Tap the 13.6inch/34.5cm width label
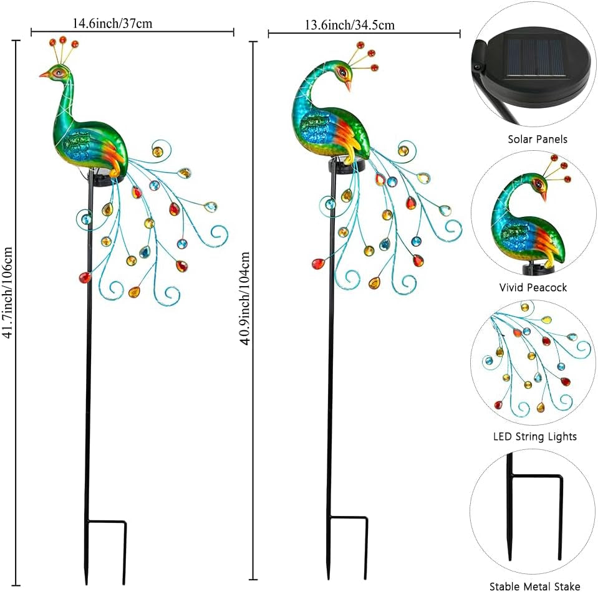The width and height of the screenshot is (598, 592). click(x=349, y=25)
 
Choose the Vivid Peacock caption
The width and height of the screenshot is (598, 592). click(x=533, y=287)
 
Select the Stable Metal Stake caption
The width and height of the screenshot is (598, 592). click(x=534, y=586)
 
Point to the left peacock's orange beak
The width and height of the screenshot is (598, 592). click(x=43, y=75)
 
